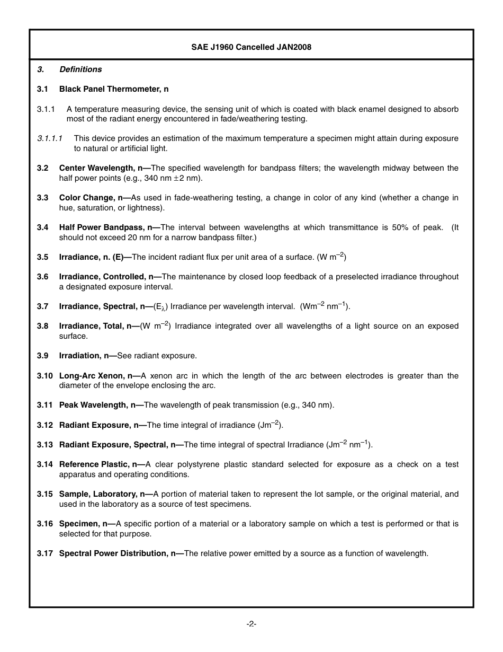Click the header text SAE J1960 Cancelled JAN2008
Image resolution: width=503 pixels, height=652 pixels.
[x=251, y=47]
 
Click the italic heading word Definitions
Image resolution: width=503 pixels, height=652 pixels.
[x=80, y=69]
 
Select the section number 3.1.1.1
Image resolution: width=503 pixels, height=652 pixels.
[x=50, y=138]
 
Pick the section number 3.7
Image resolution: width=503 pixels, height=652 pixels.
[x=43, y=306]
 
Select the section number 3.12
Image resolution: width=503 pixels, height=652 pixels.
[x=45, y=425]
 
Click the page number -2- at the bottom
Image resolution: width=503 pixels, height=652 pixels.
[x=251, y=624]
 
